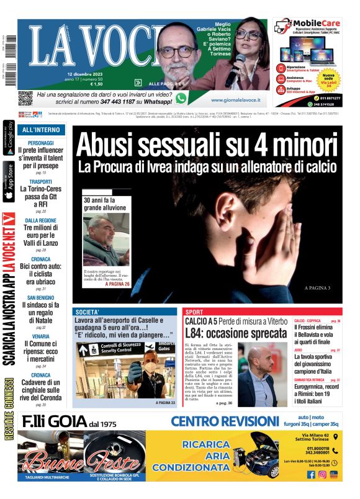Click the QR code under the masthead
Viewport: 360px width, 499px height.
click(25, 97)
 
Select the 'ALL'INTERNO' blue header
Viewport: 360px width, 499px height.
click(41, 130)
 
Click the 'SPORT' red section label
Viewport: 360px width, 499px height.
click(194, 312)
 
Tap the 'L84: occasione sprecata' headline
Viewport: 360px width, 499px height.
click(235, 334)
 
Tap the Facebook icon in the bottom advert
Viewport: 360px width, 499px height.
click(311, 475)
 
